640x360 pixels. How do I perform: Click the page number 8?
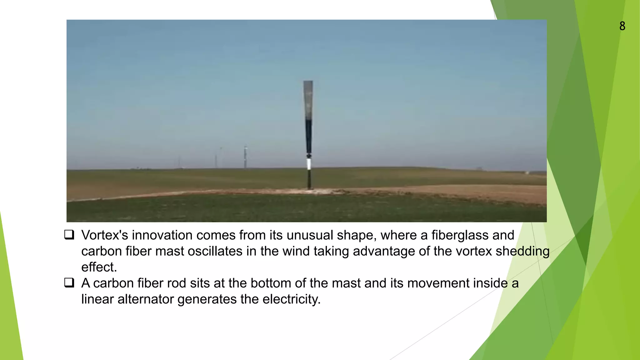622,26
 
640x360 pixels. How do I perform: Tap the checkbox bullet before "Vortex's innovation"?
69,235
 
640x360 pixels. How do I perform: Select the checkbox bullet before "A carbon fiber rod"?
69,282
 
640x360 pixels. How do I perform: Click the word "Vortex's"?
105,235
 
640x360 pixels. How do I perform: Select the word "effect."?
99,267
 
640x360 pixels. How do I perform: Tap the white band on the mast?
309,164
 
